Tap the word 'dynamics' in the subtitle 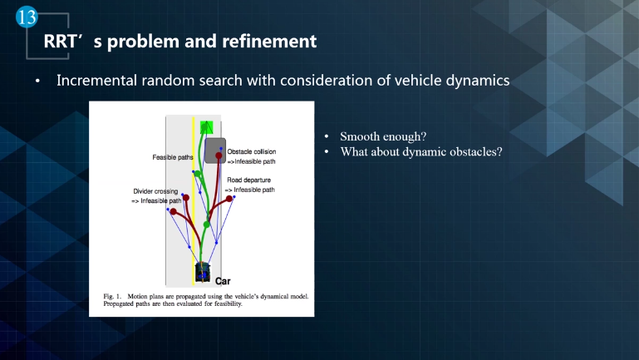point(475,81)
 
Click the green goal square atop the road point(207,127)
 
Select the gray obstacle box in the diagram point(214,150)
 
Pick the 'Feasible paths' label point(173,156)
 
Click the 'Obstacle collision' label point(254,152)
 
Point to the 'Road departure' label point(249,179)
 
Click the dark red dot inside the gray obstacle point(219,155)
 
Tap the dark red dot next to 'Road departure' point(229,198)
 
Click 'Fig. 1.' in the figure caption point(102,296)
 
